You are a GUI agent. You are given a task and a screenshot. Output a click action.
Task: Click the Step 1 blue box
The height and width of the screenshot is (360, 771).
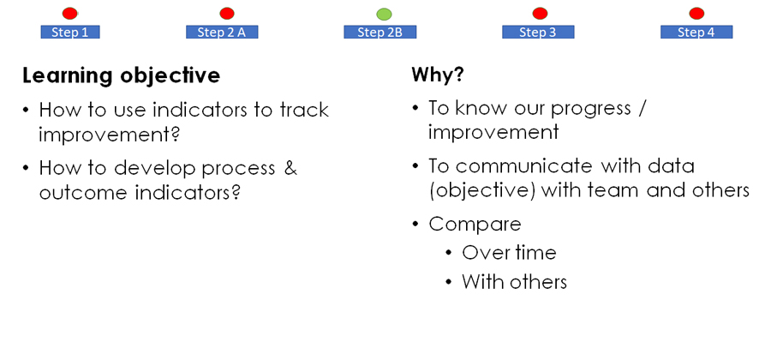pyautogui.click(x=70, y=33)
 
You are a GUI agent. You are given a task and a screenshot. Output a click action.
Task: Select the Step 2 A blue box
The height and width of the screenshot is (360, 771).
pyautogui.click(x=222, y=33)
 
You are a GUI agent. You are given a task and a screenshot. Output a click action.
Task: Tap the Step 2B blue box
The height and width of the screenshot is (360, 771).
pyautogui.click(x=380, y=33)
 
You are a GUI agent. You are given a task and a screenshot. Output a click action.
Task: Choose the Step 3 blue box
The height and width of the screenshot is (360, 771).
pyautogui.click(x=538, y=33)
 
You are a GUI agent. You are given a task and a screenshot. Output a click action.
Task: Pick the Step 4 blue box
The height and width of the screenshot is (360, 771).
pyautogui.click(x=696, y=33)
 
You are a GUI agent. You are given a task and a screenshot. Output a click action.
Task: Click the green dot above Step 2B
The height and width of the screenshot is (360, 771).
pyautogui.click(x=384, y=14)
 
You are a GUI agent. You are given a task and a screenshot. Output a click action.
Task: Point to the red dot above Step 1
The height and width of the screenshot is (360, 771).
pyautogui.click(x=70, y=13)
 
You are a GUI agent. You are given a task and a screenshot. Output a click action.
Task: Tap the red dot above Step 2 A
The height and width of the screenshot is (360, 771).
pyautogui.click(x=227, y=13)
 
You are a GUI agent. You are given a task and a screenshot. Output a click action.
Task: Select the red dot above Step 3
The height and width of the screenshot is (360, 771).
pyautogui.click(x=540, y=13)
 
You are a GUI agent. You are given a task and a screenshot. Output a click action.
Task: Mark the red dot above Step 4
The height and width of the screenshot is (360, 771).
pyautogui.click(x=696, y=13)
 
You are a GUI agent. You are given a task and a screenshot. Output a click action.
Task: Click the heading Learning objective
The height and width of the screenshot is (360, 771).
pyautogui.click(x=121, y=76)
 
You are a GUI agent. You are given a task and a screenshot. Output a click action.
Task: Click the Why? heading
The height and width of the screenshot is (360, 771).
pyautogui.click(x=438, y=75)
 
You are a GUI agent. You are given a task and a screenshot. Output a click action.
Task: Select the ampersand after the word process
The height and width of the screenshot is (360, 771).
pyautogui.click(x=290, y=168)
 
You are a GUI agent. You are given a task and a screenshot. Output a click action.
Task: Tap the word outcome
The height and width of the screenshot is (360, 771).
pyautogui.click(x=84, y=192)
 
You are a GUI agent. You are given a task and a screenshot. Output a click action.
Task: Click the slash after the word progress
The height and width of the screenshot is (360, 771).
pyautogui.click(x=640, y=108)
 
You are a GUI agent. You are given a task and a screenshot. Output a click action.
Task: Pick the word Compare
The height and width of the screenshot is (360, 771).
pyautogui.click(x=475, y=225)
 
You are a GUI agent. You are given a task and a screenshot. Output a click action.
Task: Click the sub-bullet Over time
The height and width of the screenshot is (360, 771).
pyautogui.click(x=509, y=253)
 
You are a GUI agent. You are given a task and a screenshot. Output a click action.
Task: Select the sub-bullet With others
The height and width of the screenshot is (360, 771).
pyautogui.click(x=514, y=282)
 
